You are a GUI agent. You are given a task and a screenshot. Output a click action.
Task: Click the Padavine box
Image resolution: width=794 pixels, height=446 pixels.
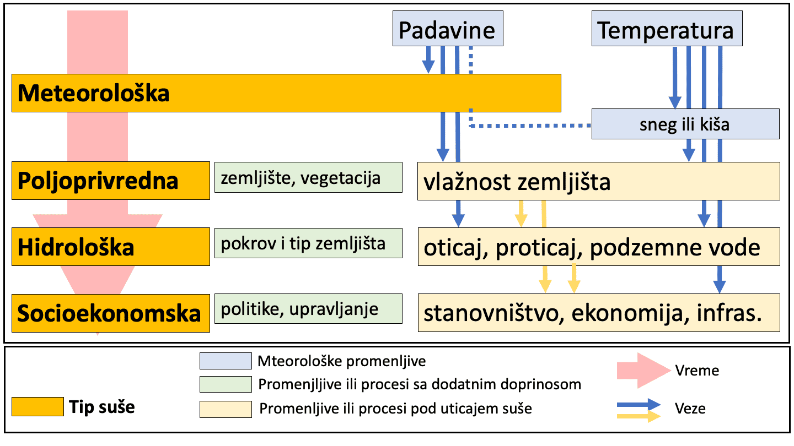click(448, 28)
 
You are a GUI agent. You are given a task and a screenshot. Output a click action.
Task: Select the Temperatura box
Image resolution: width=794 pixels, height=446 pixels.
click(667, 28)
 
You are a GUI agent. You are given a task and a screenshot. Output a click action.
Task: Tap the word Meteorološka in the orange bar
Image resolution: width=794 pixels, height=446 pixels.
click(94, 93)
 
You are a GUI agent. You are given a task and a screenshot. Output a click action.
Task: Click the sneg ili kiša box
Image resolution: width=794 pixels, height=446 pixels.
click(685, 124)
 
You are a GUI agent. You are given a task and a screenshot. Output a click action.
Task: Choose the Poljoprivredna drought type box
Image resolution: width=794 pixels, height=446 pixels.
click(111, 181)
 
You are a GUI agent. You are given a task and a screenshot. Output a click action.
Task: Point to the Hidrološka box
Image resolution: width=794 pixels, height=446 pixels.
click(111, 247)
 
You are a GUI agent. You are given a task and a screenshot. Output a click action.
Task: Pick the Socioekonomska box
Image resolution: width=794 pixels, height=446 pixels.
click(111, 313)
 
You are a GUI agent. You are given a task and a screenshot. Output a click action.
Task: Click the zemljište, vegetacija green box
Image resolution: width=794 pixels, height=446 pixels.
click(308, 177)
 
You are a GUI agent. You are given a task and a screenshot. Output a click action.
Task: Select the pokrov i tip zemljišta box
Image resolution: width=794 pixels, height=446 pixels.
click(308, 243)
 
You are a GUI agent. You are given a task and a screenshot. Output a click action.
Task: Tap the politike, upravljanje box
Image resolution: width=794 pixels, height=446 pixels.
click(308, 309)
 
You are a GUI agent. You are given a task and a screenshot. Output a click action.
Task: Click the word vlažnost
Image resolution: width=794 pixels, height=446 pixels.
click(468, 182)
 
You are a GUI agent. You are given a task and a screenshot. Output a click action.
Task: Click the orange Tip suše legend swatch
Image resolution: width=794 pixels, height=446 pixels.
click(37, 407)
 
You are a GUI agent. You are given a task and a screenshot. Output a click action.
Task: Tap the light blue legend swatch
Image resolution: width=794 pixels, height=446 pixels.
click(226, 361)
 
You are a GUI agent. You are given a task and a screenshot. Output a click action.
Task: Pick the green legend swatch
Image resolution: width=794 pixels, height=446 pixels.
click(226, 384)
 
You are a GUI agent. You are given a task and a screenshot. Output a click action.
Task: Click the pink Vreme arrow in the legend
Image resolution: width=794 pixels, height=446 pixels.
click(644, 371)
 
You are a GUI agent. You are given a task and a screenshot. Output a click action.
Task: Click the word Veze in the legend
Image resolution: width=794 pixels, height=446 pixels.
click(690, 409)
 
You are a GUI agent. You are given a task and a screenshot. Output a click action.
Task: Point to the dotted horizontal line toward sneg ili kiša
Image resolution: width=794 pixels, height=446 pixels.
click(530, 126)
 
